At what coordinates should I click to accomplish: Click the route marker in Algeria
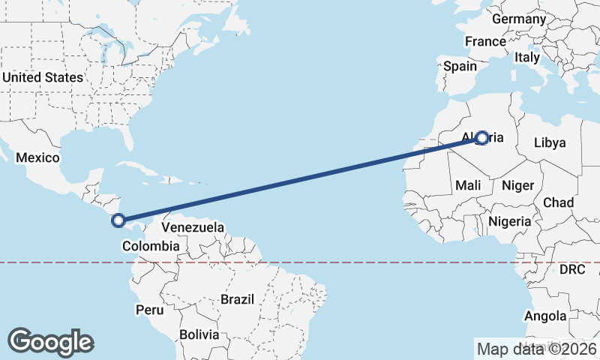click(482, 138)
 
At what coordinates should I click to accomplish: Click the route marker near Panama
click(118, 220)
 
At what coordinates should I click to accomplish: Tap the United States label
click(43, 77)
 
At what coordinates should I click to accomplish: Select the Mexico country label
click(37, 157)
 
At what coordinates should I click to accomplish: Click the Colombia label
click(151, 246)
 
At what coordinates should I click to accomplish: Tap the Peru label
click(149, 309)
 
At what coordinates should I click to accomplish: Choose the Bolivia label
click(199, 334)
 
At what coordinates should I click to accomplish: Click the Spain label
click(460, 66)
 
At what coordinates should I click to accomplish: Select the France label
click(485, 41)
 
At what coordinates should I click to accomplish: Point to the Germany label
click(519, 18)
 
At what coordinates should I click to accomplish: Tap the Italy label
click(527, 57)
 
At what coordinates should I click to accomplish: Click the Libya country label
click(550, 142)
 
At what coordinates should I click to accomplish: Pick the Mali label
click(469, 185)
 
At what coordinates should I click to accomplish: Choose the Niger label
click(517, 185)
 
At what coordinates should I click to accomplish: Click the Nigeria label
click(510, 221)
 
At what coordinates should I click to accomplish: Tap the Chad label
click(558, 202)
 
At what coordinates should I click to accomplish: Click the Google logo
click(50, 342)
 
